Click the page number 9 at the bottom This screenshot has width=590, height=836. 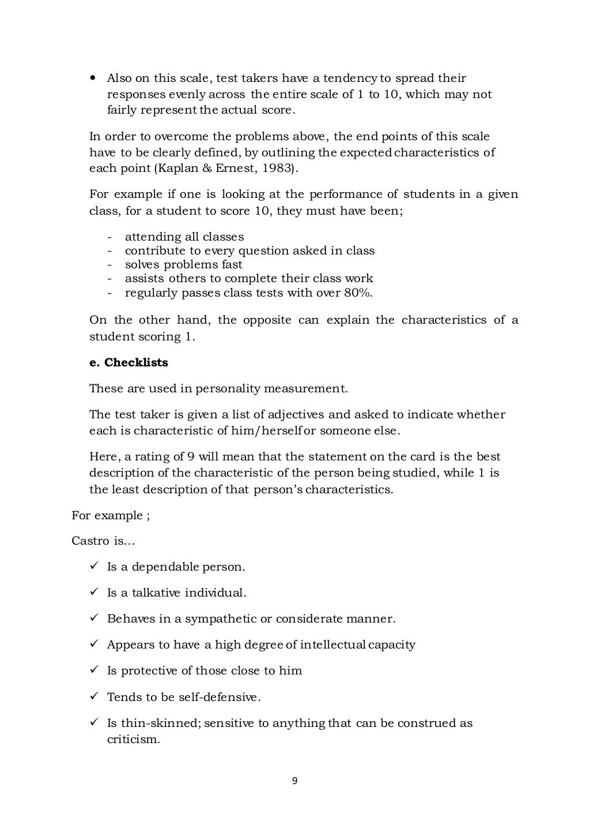pyautogui.click(x=294, y=781)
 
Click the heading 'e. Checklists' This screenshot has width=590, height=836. pyautogui.click(x=128, y=362)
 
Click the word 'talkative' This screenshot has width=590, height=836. pyautogui.click(x=156, y=593)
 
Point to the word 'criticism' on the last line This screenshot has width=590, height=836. pyautogui.click(x=132, y=739)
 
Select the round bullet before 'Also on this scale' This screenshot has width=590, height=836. pyautogui.click(x=93, y=78)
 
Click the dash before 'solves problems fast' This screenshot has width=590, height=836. pyautogui.click(x=109, y=265)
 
